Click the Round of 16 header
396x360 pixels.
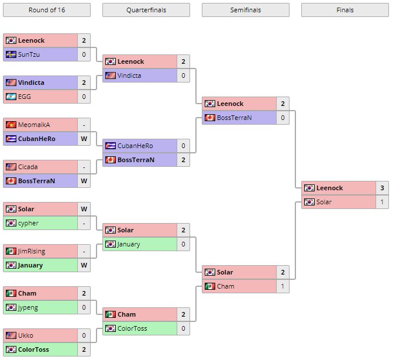point(47,10)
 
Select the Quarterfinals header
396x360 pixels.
point(146,10)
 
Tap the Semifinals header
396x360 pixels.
point(246,10)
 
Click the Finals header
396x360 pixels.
point(345,10)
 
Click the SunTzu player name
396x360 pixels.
point(29,54)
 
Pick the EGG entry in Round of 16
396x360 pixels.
point(25,97)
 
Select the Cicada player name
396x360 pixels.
point(28,167)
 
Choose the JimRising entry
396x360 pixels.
point(32,251)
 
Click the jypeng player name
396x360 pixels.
point(29,307)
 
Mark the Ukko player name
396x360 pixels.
point(26,335)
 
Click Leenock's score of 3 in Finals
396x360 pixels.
point(383,188)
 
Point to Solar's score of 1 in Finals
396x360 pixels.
point(383,202)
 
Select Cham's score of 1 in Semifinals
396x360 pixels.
point(283,286)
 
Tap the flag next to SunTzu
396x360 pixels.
point(11,54)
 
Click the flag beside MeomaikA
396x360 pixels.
point(11,125)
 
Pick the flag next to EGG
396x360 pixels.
point(11,97)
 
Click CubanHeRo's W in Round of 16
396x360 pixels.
point(84,139)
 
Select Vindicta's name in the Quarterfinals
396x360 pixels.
point(129,76)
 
